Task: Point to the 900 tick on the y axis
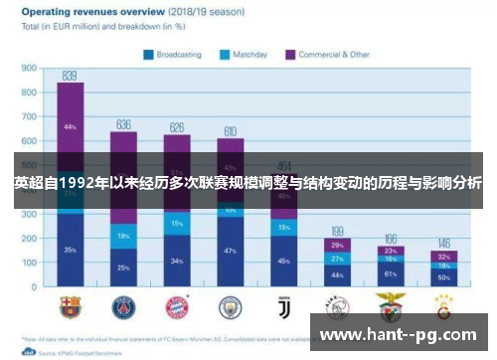(x=30, y=69)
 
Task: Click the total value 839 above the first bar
(x=70, y=76)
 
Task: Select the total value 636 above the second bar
(x=123, y=124)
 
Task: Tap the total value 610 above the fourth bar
(x=230, y=131)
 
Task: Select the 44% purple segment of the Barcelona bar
(x=70, y=127)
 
